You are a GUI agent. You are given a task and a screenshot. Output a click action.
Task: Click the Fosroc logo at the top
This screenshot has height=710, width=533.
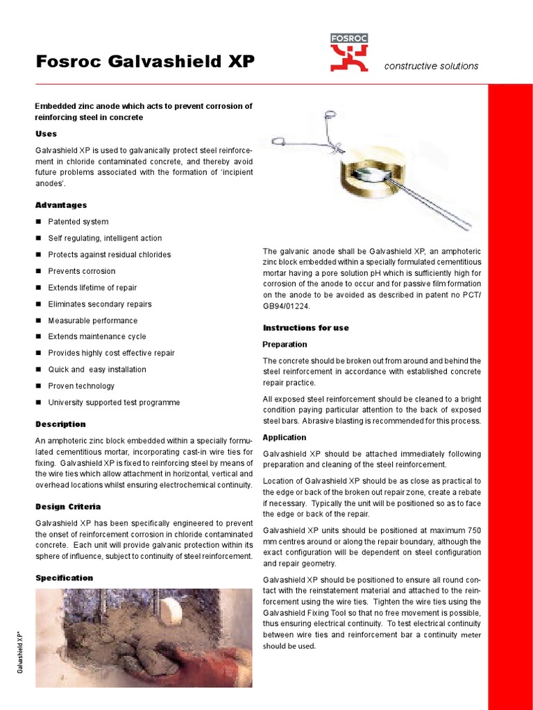348,53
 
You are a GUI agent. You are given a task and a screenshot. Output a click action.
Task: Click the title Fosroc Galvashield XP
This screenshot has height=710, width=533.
145,62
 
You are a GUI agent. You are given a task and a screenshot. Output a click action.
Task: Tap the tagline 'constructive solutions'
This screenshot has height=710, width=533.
431,66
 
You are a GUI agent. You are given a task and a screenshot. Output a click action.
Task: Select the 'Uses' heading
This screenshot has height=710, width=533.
46,134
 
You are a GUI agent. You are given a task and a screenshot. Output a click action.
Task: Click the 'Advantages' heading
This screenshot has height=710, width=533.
61,205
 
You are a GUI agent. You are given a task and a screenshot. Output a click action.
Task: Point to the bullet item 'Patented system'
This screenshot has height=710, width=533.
78,222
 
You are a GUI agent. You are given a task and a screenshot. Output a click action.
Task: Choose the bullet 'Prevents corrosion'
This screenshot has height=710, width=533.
81,271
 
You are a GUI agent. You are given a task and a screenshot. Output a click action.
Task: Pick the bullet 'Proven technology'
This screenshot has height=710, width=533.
81,386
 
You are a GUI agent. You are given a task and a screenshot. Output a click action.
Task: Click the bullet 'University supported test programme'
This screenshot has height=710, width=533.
114,403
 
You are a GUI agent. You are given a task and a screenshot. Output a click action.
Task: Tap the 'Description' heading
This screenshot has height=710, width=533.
60,424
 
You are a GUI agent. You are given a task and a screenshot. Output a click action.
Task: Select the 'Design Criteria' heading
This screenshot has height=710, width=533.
68,507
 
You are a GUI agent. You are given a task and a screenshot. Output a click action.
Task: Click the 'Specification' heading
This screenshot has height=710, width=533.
64,578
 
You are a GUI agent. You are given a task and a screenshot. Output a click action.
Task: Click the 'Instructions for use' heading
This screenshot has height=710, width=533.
305,328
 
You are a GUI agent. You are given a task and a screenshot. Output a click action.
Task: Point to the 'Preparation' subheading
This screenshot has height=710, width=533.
285,345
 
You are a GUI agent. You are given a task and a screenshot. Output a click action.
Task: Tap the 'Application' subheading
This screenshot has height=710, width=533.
285,438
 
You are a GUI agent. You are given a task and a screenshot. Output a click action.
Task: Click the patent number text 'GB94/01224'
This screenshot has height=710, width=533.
287,306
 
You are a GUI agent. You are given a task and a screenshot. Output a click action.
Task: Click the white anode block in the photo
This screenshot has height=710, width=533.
171,609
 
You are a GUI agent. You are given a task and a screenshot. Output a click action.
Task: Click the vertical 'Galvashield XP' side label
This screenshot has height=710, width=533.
20,652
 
